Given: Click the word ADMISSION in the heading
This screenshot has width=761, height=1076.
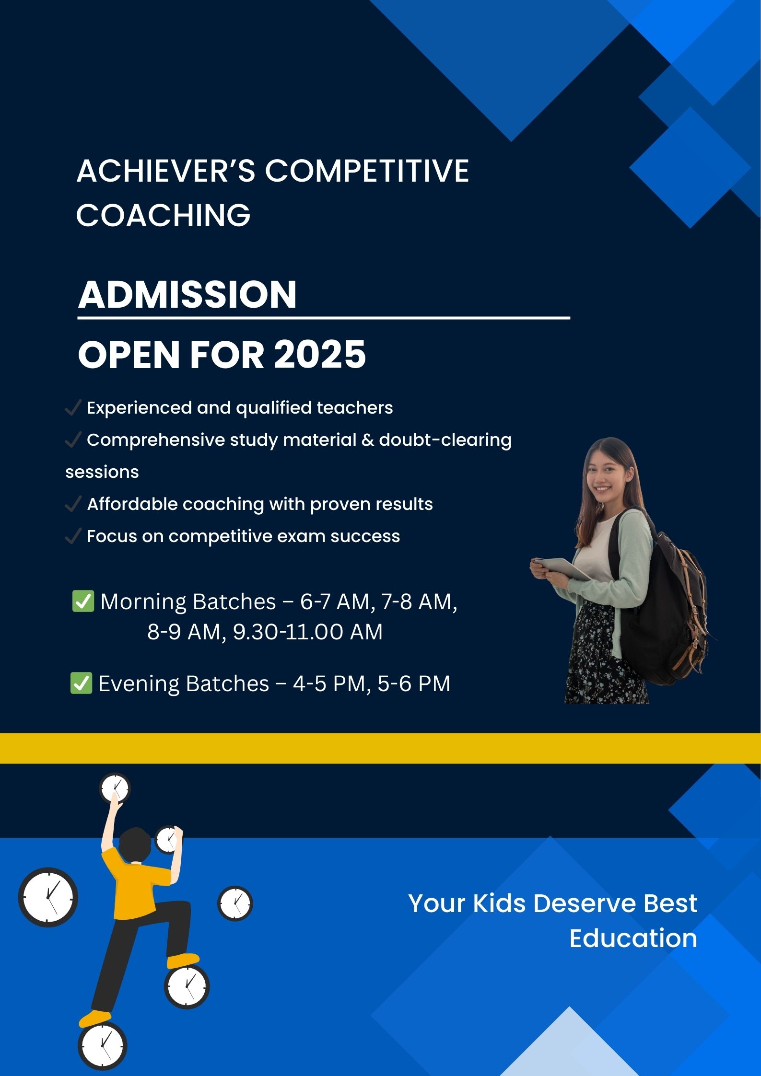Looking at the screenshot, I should click(187, 294).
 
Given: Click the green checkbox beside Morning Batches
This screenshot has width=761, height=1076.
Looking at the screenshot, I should click(82, 601).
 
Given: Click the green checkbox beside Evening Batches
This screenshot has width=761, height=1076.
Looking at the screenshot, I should click(81, 683).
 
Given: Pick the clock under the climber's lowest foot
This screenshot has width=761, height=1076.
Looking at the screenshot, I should click(102, 1045).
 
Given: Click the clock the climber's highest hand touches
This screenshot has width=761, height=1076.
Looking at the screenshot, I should click(115, 788).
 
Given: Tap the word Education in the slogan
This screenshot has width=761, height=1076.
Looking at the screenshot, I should click(633, 938).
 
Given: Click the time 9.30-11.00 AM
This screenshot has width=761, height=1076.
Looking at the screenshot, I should click(308, 632).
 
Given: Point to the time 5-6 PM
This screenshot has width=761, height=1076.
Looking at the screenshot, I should click(414, 683).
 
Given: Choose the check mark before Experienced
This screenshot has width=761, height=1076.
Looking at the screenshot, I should click(73, 408).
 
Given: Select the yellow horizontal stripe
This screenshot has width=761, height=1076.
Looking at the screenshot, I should click(380, 748).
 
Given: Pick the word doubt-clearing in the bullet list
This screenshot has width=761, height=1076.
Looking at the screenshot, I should click(445, 440).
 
